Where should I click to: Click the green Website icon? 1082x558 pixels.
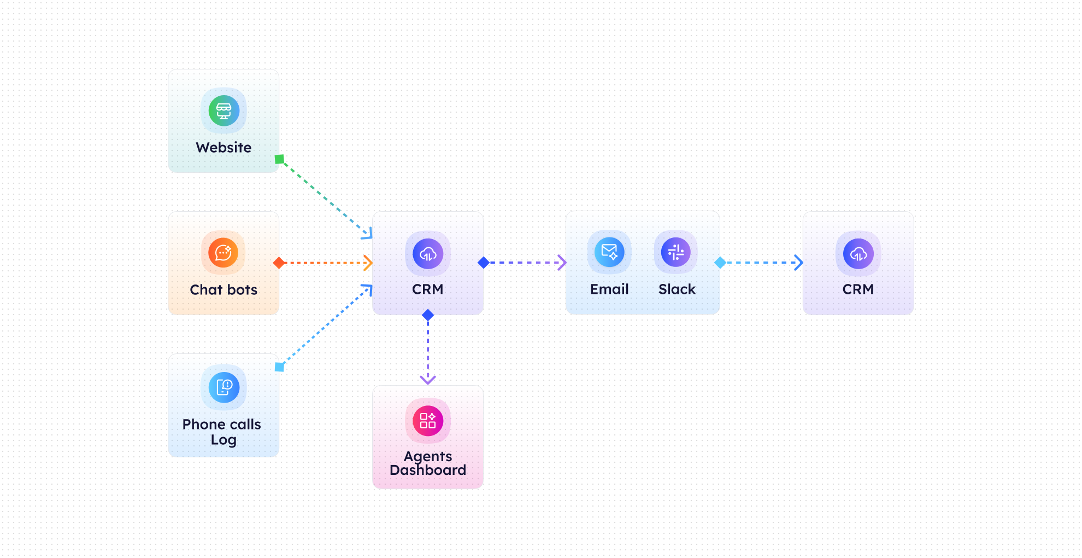[x=224, y=111]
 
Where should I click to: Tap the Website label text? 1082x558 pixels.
[x=224, y=148]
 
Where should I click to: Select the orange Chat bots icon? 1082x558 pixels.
[x=223, y=253]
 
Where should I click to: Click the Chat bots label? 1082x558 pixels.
[x=224, y=290]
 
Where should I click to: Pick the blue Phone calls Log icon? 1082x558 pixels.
[x=224, y=387]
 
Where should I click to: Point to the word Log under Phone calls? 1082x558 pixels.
[x=224, y=440]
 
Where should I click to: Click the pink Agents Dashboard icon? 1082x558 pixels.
[x=428, y=421]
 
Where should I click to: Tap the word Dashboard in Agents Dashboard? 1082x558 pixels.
[x=428, y=470]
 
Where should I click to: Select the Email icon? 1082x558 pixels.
[x=609, y=252]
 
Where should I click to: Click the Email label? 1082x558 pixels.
[x=609, y=289]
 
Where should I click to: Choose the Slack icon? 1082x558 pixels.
[x=676, y=252]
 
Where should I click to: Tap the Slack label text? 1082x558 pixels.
[x=677, y=289]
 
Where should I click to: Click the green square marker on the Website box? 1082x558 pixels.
[x=279, y=159]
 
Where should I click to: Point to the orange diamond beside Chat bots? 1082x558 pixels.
[x=279, y=263]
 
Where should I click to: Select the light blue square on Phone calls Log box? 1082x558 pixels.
[x=279, y=367]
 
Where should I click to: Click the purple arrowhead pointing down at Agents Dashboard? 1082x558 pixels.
[x=428, y=379]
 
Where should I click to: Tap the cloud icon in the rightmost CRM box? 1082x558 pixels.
[x=858, y=254]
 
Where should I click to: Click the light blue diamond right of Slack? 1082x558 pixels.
[x=720, y=263]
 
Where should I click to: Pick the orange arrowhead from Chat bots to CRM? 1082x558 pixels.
[x=368, y=263]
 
